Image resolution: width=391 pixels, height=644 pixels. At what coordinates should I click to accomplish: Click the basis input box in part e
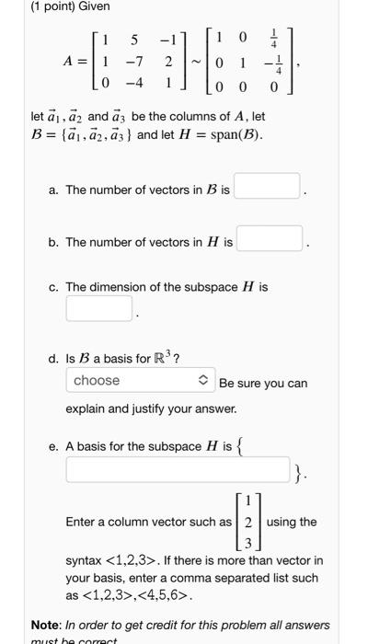178,472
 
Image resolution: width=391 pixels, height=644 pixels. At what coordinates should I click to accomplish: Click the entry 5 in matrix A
134,40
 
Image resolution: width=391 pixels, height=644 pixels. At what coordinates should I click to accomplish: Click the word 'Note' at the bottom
45,626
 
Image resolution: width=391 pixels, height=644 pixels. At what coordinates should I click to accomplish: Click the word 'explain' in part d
87,408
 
